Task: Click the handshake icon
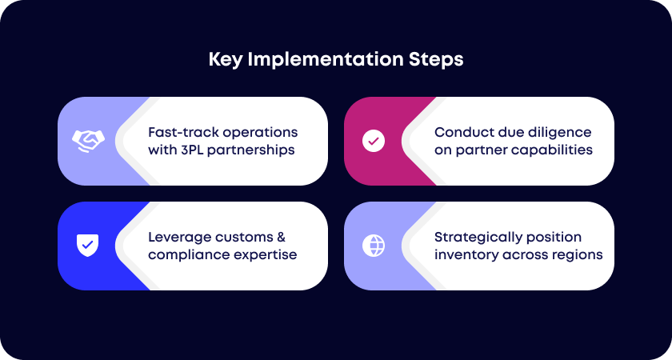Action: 88,141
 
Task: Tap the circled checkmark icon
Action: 374,141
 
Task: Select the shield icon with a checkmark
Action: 87,246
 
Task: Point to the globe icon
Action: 374,246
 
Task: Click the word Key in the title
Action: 224,60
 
